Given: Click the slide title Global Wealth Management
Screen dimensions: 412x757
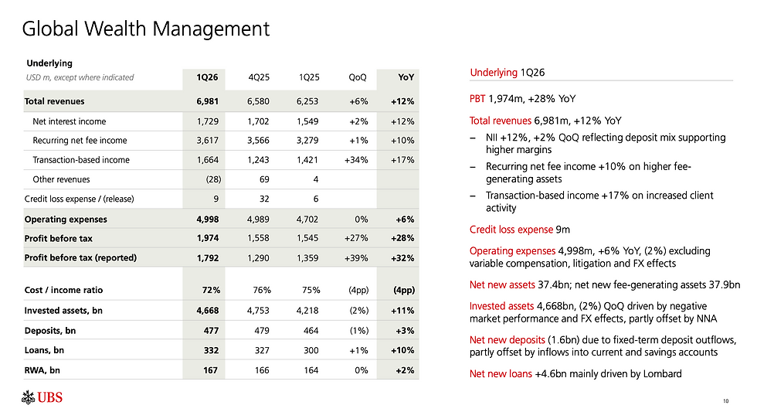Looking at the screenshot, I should coord(146,29).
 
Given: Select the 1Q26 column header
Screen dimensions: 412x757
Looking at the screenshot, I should coord(207,77).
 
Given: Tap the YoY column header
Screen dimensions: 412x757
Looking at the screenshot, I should coord(406,77).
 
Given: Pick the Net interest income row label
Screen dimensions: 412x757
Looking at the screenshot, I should coord(70,121).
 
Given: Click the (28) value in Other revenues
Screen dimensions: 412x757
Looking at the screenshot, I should coord(209,179).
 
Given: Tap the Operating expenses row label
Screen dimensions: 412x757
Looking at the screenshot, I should coord(66,220).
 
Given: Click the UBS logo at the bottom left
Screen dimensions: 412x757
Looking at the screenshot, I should coord(42,398).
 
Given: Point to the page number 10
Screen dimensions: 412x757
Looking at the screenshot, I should coord(725,400).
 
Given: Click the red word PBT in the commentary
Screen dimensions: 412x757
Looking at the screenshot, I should coord(477,99).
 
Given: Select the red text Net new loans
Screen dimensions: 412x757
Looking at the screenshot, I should coord(501,374).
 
